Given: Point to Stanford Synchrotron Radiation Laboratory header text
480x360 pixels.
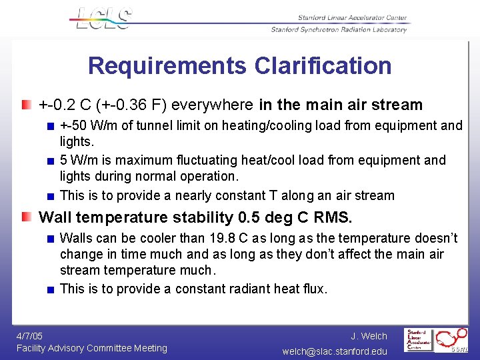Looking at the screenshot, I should [339, 29].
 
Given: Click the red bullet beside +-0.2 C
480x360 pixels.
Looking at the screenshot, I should [25, 105].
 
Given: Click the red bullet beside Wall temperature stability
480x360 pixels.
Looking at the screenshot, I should [25, 217].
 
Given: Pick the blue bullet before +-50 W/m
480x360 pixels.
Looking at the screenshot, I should [50, 126].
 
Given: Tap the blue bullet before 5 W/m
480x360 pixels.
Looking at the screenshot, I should [50, 161].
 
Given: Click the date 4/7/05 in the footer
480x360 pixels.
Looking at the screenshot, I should [29, 336].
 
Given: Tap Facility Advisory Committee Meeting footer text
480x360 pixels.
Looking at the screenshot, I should [91, 348].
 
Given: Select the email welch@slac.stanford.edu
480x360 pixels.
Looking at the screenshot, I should [335, 351].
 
